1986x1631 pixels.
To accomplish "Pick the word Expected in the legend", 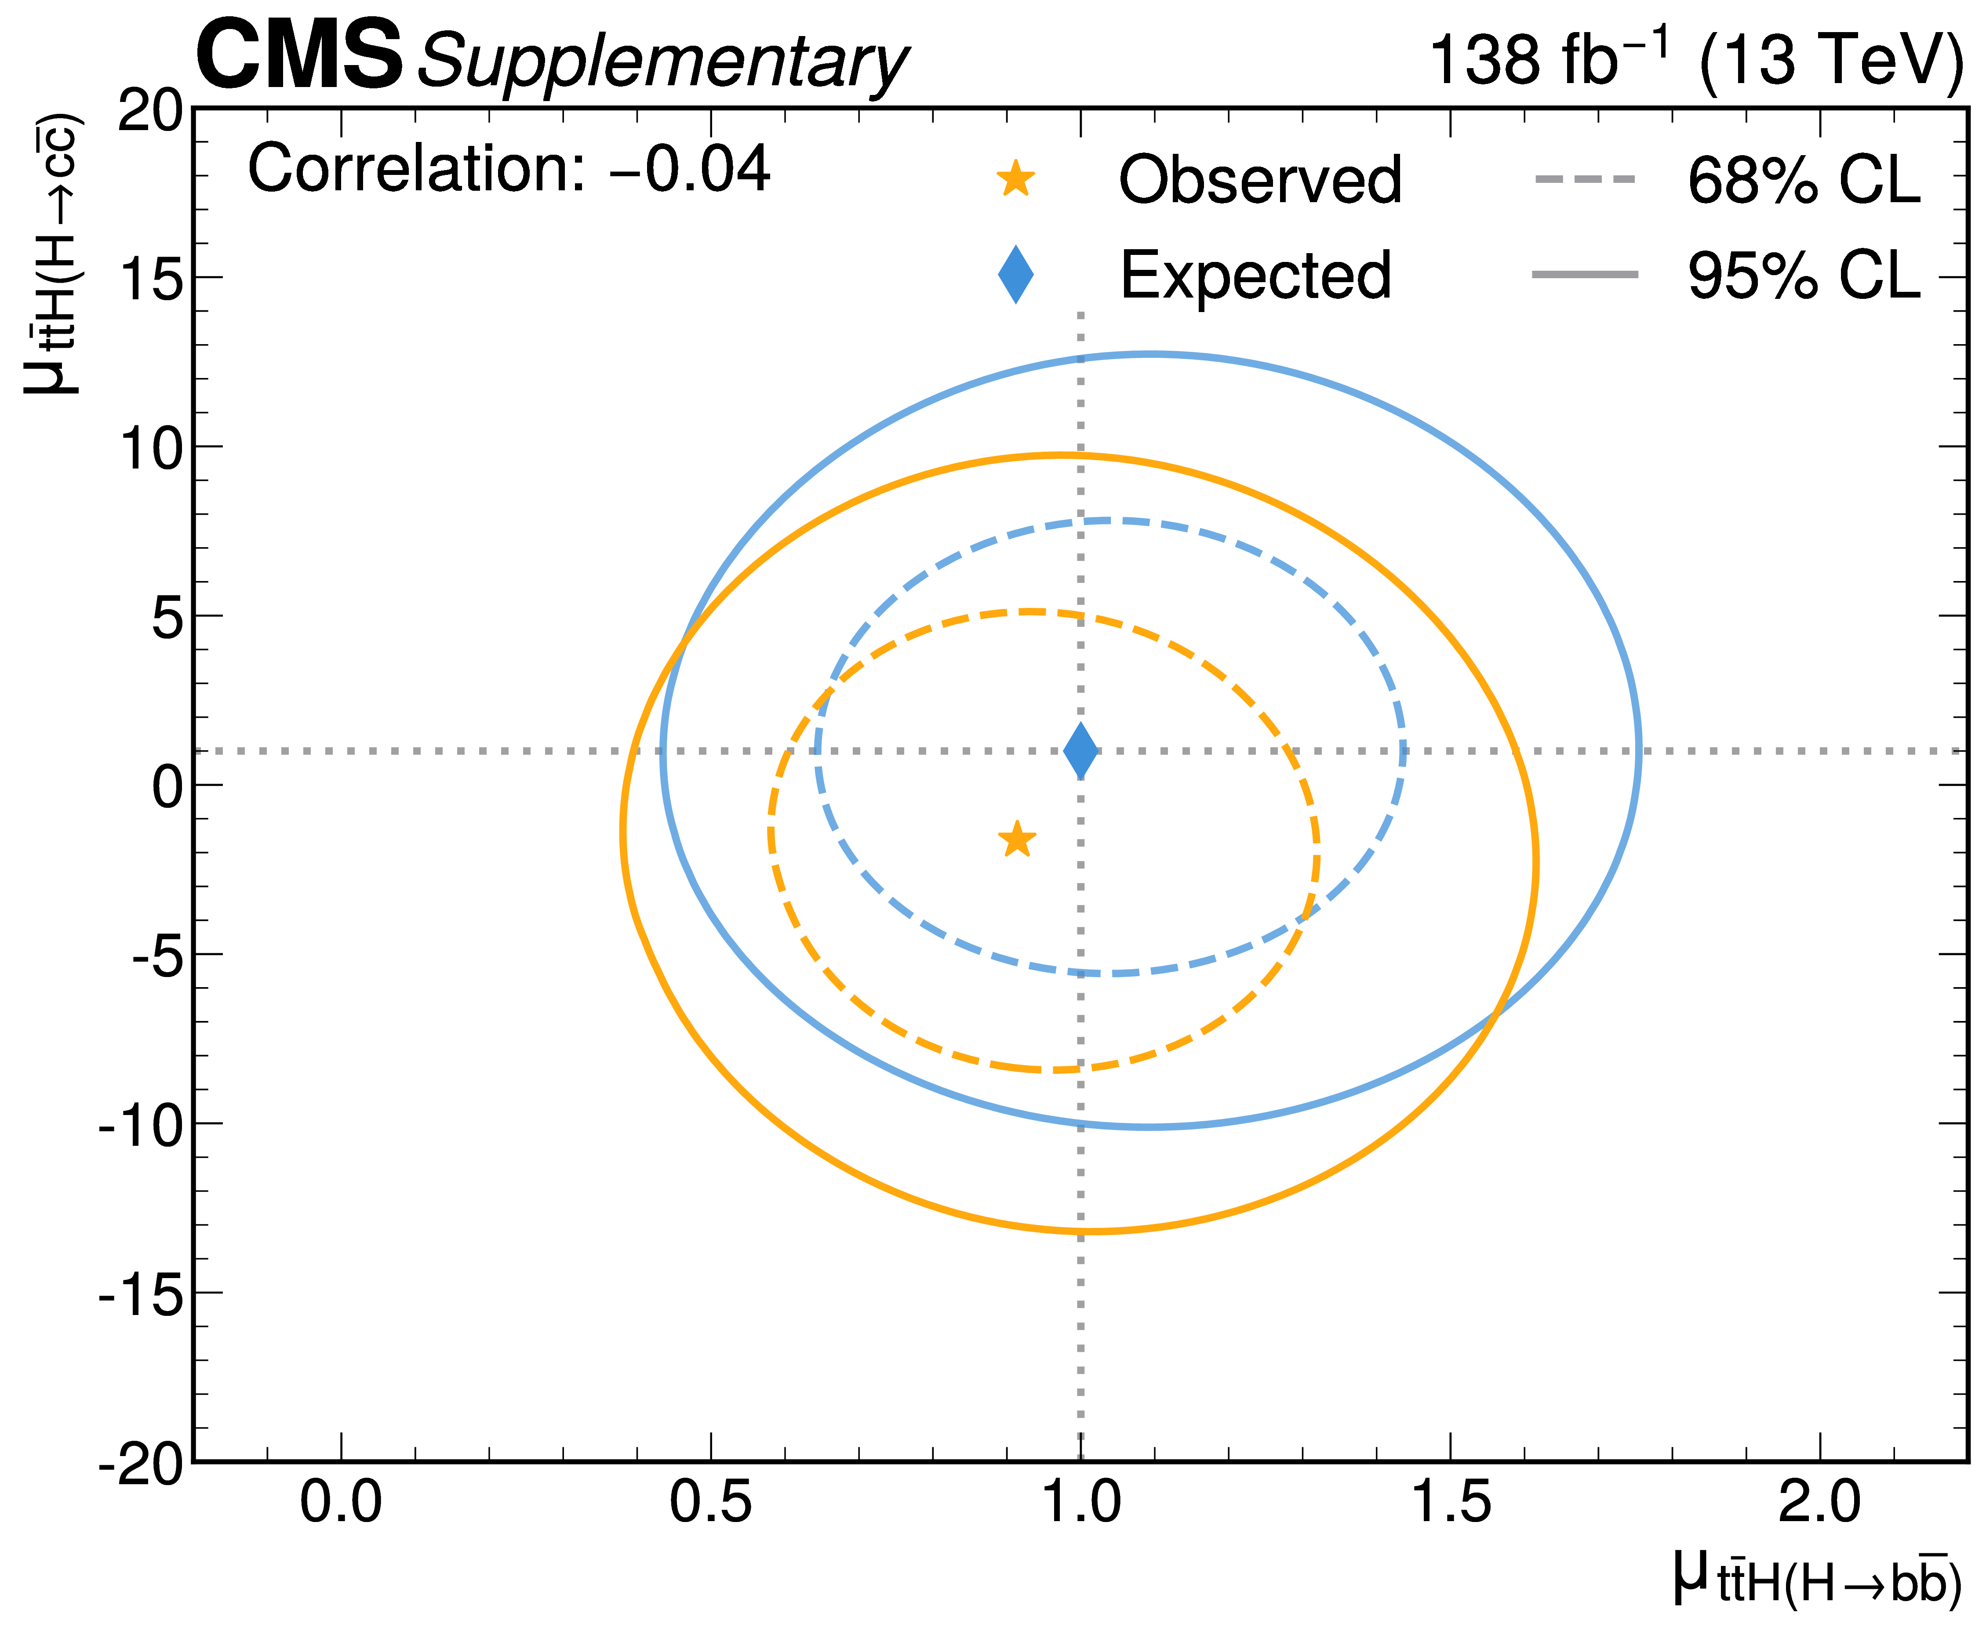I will [1255, 275].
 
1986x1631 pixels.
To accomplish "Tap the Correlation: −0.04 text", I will [508, 170].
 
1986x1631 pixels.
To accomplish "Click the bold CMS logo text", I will [299, 56].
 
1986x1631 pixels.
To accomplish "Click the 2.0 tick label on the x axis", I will [1820, 1501].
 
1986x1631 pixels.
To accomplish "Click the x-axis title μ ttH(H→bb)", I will [1818, 1580].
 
